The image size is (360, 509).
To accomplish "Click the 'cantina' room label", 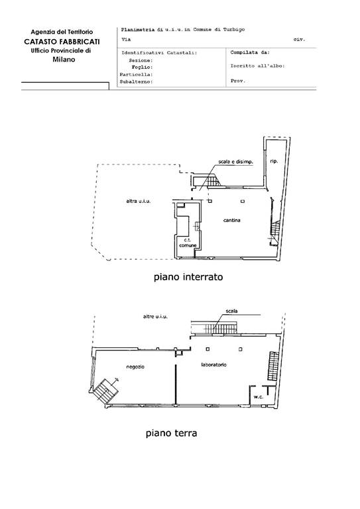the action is pyautogui.click(x=232, y=221).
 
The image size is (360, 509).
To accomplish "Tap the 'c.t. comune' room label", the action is pyautogui.click(x=188, y=243).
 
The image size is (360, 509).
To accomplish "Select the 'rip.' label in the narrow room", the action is pyautogui.click(x=274, y=161).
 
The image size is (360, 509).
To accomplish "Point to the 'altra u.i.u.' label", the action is pyautogui.click(x=139, y=201).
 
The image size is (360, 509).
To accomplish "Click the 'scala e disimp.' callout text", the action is pyautogui.click(x=235, y=162).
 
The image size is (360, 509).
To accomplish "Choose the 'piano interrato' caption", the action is pyautogui.click(x=188, y=277).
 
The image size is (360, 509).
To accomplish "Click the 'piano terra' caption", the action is pyautogui.click(x=171, y=433).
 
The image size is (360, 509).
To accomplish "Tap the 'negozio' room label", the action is pyautogui.click(x=135, y=367).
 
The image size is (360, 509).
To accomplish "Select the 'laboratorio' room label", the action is pyautogui.click(x=214, y=365).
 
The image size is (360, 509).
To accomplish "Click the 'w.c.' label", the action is pyautogui.click(x=259, y=397).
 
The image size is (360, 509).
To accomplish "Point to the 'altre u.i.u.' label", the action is pyautogui.click(x=155, y=317).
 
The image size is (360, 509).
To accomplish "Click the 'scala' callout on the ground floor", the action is pyautogui.click(x=232, y=311).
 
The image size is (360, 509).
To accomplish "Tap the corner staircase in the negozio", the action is pyautogui.click(x=105, y=390).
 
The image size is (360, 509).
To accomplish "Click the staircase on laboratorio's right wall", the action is pyautogui.click(x=273, y=366).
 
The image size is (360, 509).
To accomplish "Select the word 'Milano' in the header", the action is pyautogui.click(x=64, y=60).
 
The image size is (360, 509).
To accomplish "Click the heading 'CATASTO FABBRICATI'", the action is pyautogui.click(x=62, y=42).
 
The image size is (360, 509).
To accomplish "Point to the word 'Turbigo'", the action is pyautogui.click(x=234, y=30).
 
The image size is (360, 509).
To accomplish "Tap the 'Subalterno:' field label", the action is pyautogui.click(x=136, y=82).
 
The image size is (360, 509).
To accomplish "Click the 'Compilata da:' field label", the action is pyautogui.click(x=250, y=52).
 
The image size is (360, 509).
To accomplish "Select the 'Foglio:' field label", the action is pyautogui.click(x=142, y=67).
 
